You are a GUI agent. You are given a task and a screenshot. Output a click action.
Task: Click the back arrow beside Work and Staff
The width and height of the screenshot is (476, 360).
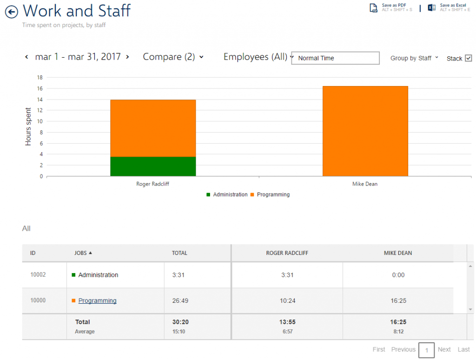coord(12,12)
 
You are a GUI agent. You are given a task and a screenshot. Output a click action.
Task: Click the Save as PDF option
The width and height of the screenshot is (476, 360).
coord(391,7)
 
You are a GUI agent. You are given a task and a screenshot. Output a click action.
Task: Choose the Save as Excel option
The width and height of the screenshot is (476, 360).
coord(449,7)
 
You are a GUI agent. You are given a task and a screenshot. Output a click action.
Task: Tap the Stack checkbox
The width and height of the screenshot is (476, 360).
coord(469,58)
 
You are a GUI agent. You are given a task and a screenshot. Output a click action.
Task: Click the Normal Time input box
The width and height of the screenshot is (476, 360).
coord(335,58)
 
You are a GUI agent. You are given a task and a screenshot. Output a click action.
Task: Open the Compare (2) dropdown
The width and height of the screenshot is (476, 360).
coord(173,57)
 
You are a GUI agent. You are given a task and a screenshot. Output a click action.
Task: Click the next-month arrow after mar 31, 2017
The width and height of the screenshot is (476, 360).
coord(127,57)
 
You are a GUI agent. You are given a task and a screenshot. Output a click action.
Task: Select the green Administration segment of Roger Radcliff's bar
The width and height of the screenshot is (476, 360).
coord(153,167)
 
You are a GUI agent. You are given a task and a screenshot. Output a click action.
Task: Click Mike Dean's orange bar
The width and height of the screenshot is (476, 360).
coord(365,131)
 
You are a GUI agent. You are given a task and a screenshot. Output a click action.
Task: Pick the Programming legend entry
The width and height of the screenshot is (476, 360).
coord(270,194)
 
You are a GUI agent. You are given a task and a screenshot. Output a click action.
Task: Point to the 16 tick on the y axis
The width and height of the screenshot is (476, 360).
coord(40,88)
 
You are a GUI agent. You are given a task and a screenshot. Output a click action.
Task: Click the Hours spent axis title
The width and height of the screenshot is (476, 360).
coord(28,127)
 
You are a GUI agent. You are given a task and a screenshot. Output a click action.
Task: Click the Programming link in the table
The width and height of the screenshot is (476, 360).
coord(98,300)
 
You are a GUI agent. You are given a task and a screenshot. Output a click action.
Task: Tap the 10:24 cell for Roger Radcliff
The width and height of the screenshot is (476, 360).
coord(287,301)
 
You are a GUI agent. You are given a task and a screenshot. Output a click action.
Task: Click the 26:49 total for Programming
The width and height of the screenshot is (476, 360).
coord(180,301)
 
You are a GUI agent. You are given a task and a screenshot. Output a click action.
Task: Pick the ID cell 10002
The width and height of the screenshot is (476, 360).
coord(38,274)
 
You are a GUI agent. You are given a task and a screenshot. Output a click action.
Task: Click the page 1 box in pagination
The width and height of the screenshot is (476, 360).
coord(427,350)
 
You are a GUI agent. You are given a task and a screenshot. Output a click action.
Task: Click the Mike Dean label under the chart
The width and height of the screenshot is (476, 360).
coord(365,184)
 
